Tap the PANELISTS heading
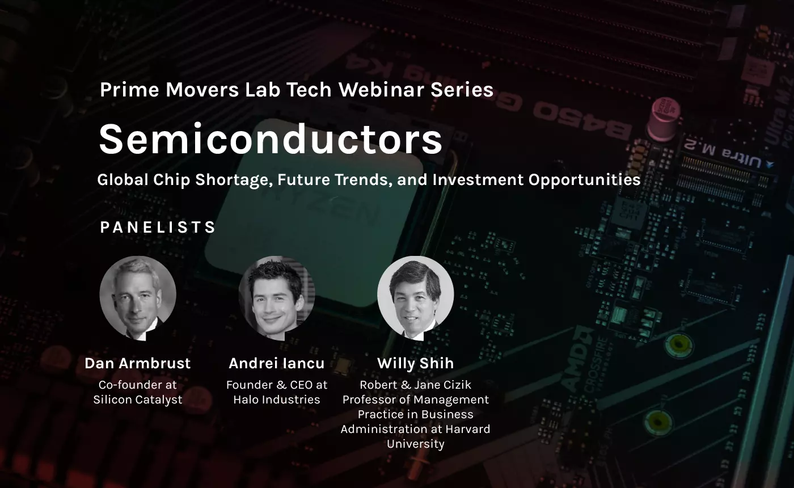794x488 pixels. click(158, 228)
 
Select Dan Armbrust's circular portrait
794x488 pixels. click(137, 298)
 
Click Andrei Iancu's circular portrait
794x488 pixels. click(277, 298)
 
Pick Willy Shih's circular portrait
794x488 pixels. click(415, 298)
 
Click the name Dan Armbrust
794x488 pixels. click(137, 363)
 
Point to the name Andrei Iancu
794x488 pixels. click(277, 363)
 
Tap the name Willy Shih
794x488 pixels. click(415, 363)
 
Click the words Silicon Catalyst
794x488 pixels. click(137, 399)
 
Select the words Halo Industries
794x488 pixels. click(277, 399)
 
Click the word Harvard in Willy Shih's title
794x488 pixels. click(467, 429)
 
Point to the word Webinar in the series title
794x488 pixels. click(381, 90)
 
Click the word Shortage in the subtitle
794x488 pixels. click(234, 180)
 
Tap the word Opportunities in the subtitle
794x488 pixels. click(585, 180)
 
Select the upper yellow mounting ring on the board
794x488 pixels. click(678, 344)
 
